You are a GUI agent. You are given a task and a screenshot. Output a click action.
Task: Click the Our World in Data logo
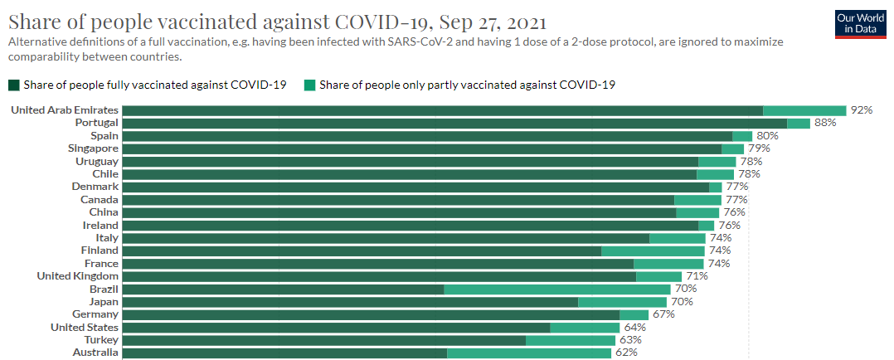[861, 24]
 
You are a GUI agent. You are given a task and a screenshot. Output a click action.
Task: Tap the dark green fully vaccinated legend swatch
[13, 85]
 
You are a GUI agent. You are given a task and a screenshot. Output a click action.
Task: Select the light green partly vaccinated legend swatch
[310, 85]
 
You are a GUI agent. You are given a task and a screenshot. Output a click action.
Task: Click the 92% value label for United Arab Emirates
[862, 110]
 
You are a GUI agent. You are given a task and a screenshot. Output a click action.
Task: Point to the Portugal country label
[97, 123]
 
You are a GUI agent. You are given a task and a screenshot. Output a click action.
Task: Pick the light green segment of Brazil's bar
[557, 289]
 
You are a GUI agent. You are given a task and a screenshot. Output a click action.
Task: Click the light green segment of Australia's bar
[529, 353]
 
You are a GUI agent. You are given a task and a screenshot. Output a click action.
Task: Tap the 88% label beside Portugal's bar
[825, 124]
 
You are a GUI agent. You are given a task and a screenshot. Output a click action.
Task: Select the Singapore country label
[93, 148]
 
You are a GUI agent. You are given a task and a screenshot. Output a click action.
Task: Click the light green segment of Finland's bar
[653, 251]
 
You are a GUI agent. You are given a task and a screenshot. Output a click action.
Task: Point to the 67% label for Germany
[663, 314]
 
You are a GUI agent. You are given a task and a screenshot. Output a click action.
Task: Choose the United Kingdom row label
[78, 276]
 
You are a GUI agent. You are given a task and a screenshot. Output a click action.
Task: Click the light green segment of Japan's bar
[622, 302]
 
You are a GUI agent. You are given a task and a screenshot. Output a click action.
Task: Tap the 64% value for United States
[635, 328]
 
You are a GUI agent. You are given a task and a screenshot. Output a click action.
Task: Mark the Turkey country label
[103, 339]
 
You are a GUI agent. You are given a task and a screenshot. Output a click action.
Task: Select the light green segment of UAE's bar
[804, 110]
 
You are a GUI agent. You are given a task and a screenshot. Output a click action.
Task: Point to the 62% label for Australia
[627, 353]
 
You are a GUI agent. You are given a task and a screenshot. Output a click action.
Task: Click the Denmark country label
[95, 187]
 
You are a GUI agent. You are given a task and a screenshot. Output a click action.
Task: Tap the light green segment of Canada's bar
[698, 200]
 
